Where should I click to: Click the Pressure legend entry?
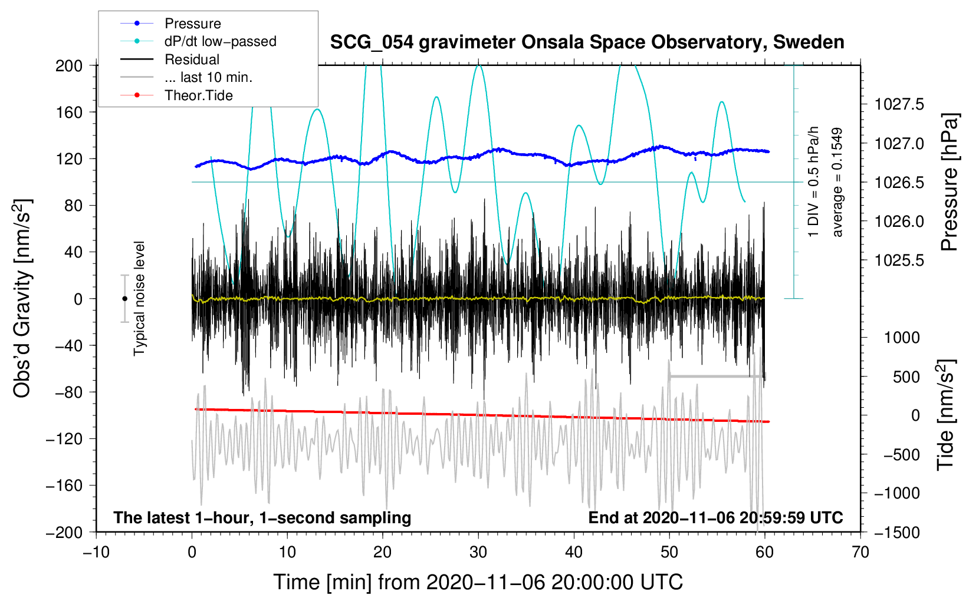pos(192,24)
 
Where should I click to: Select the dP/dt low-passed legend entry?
pos(220,41)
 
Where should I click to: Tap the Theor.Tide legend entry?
pos(198,95)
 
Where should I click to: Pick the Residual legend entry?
pos(192,60)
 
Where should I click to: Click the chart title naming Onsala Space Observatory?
pos(587,42)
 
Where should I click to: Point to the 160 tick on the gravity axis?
pos(68,112)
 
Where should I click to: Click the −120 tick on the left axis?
pos(64,438)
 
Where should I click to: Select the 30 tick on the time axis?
pos(478,552)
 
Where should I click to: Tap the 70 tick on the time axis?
pos(860,552)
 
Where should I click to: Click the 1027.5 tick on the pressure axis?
pos(899,105)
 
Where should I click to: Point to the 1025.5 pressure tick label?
pos(899,260)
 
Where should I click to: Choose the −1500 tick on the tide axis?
pos(896,532)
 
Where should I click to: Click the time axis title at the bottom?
pos(478,582)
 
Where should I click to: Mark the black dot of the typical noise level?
pos(124,299)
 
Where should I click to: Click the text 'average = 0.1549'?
pos(837,183)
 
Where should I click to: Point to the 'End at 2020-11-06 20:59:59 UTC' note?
pos(715,518)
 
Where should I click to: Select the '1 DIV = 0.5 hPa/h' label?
pos(814,181)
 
